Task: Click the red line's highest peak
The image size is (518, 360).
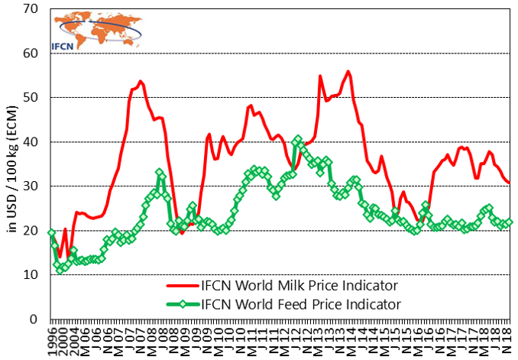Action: [x=348, y=72]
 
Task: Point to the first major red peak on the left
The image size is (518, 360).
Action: [x=141, y=81]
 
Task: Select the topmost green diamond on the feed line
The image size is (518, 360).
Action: [x=298, y=139]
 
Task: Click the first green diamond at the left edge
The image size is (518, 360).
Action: [x=51, y=233]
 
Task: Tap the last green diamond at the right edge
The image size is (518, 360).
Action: [x=510, y=222]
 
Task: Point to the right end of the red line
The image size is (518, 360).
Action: [x=509, y=183]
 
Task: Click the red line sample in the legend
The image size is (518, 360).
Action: [x=183, y=286]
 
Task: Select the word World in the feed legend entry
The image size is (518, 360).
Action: [x=254, y=305]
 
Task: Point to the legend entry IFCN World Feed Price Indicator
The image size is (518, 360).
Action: [x=299, y=305]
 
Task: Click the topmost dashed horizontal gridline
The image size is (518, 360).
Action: [x=306, y=54]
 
